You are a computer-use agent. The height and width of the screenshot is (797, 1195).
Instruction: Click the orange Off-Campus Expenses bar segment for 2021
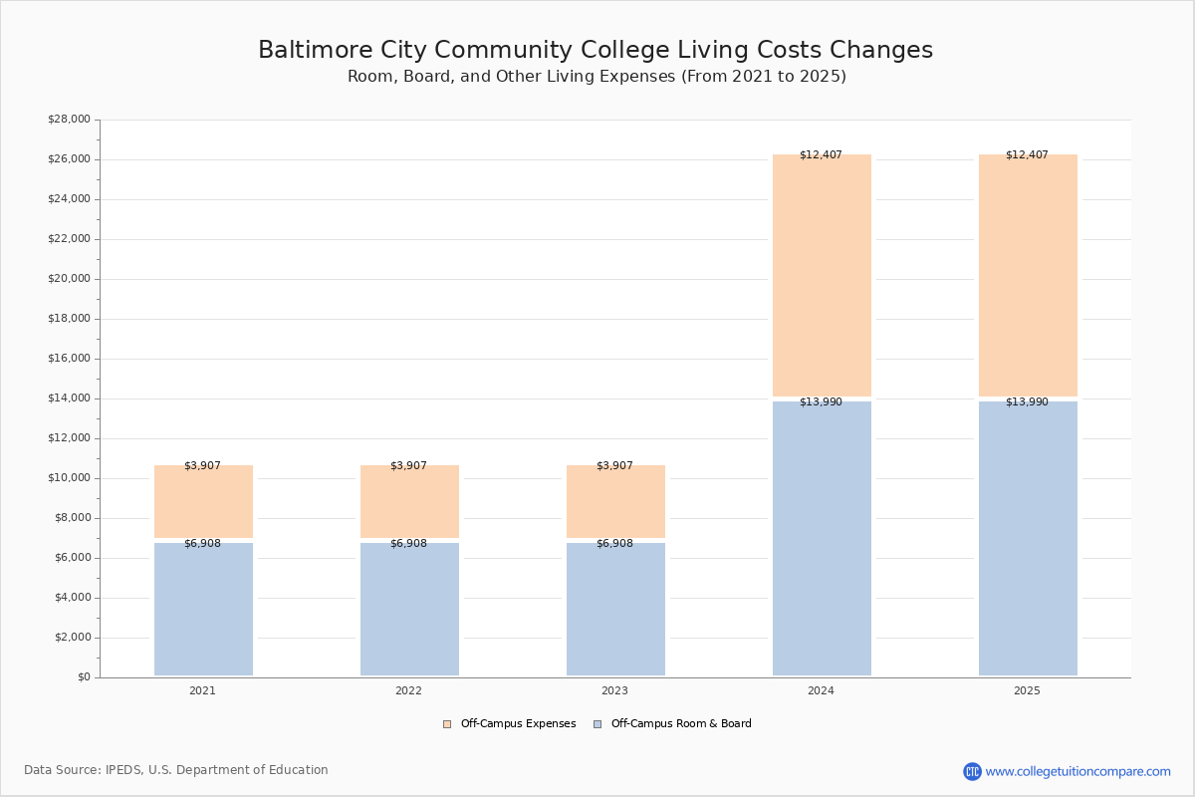203,501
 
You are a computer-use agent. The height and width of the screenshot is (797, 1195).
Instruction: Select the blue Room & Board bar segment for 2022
409,609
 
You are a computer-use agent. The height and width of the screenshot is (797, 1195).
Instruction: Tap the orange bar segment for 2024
822,275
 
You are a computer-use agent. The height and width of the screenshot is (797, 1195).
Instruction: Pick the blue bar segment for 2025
1028,538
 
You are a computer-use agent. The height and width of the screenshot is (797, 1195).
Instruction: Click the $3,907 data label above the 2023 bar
614,465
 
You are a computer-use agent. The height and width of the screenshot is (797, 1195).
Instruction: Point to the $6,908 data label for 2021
202,543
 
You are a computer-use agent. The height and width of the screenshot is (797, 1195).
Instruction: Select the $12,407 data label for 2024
821,154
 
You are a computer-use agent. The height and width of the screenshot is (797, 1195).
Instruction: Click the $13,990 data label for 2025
1027,401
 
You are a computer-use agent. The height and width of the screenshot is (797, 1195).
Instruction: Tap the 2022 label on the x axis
408,690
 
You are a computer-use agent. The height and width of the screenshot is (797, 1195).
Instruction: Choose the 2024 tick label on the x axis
821,690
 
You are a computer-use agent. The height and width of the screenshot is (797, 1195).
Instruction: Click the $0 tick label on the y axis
84,677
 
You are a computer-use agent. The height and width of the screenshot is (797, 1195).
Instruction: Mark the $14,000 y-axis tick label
69,398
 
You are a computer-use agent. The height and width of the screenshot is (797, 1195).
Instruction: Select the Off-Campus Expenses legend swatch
447,724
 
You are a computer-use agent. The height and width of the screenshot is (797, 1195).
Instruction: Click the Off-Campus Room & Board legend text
681,724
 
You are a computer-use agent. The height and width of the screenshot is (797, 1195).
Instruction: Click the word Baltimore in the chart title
316,50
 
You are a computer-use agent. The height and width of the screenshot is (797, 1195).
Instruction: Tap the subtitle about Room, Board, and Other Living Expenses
597,77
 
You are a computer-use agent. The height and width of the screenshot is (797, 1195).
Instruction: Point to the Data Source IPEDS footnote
176,770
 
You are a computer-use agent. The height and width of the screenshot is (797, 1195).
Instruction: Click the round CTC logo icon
972,771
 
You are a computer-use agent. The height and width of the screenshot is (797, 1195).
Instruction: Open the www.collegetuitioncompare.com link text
1077,771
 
